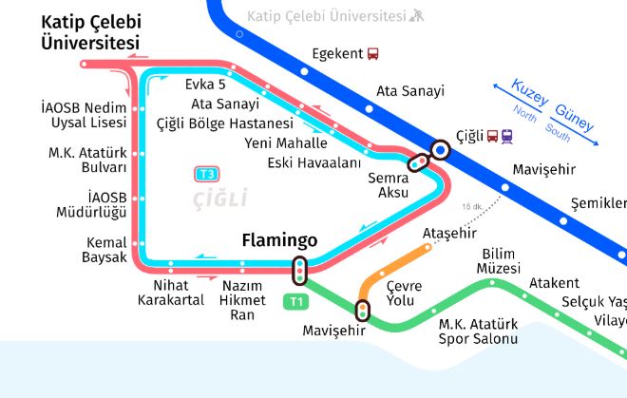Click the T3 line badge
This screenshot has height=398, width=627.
point(207,174)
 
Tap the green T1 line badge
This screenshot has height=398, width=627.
point(296,302)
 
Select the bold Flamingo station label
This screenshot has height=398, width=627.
point(279,240)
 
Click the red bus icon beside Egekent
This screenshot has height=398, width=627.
point(373,55)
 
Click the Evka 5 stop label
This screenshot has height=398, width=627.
point(205,85)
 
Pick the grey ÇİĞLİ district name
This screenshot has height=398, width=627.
point(219,199)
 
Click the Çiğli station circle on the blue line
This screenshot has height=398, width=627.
point(440,149)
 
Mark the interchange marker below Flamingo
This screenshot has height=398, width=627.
point(300,271)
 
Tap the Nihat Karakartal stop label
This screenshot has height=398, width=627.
point(171,293)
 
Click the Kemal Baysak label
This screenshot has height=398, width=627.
point(105,250)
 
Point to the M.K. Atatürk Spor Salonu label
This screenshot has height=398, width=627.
point(478,332)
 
